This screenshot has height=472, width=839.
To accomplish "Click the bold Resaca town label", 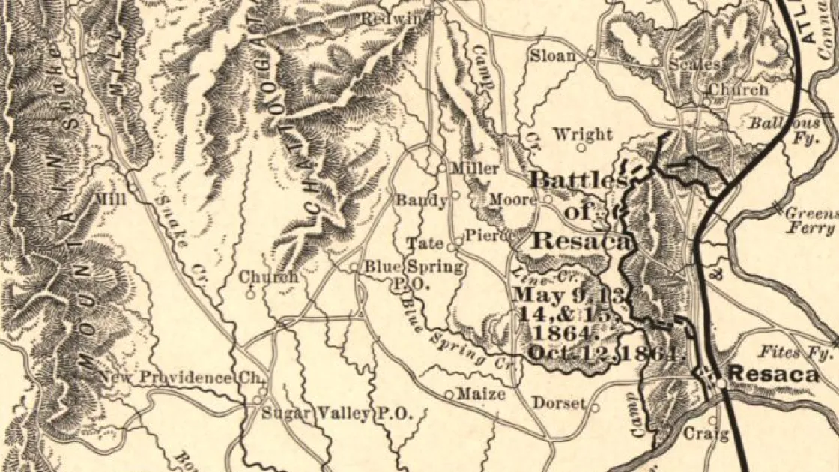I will [x=774, y=374].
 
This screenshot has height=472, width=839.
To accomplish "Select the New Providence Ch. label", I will [x=176, y=378].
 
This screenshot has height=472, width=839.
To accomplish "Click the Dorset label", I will [x=559, y=403].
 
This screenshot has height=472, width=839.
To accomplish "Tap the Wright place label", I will [x=582, y=135].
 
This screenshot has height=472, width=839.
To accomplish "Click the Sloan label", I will [x=553, y=55].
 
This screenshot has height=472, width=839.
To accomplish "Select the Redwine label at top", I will [x=394, y=18].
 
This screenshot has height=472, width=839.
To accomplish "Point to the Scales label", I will [x=693, y=64].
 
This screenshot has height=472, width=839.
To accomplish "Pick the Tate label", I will [x=425, y=243].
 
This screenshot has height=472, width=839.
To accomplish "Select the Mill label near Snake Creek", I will [x=112, y=199].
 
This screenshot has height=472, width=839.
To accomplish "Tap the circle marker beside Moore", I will [x=548, y=199].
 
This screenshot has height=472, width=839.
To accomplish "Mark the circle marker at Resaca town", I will [x=720, y=383].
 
